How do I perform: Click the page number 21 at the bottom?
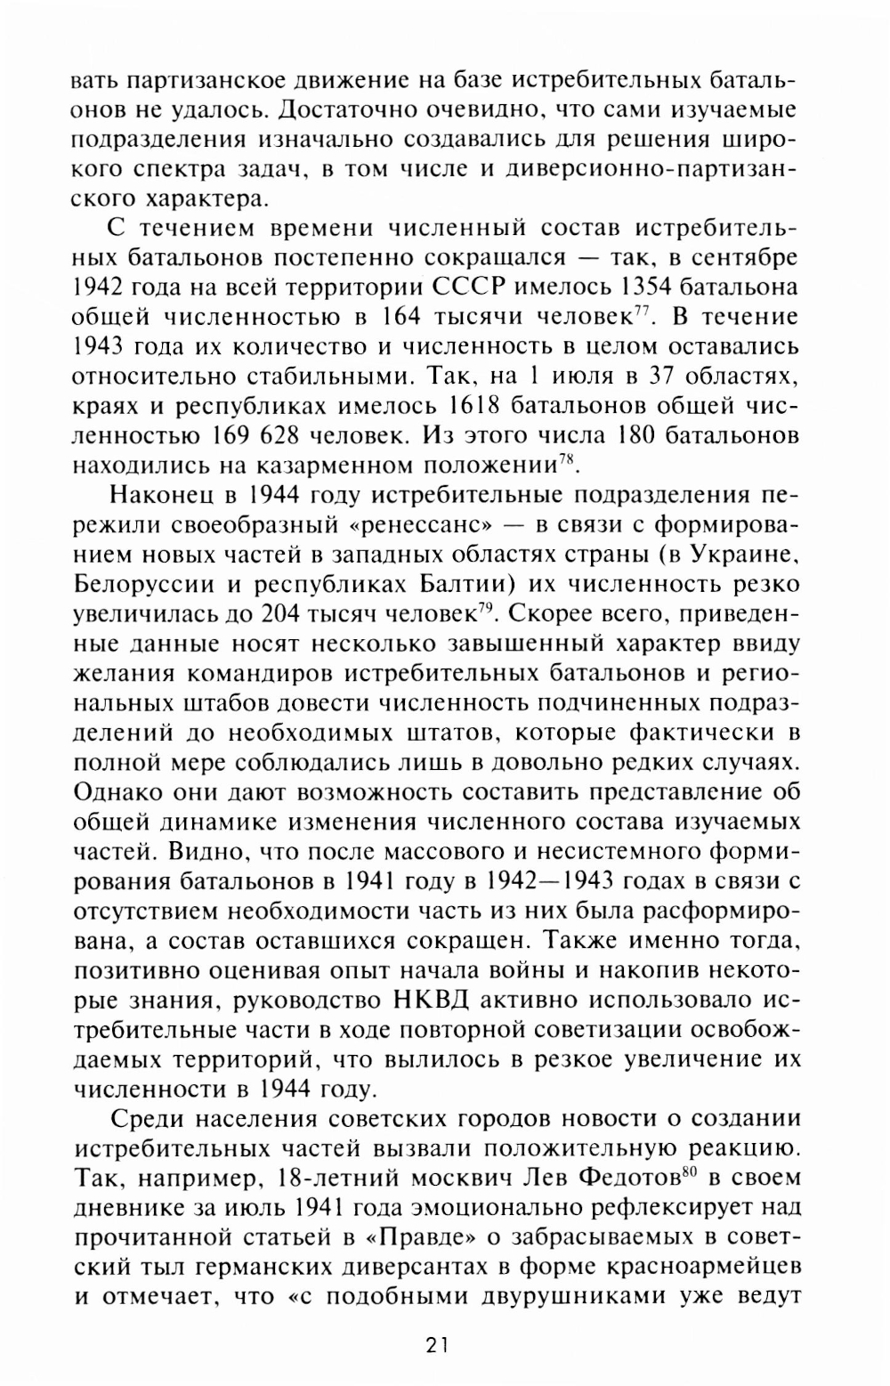437,1345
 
